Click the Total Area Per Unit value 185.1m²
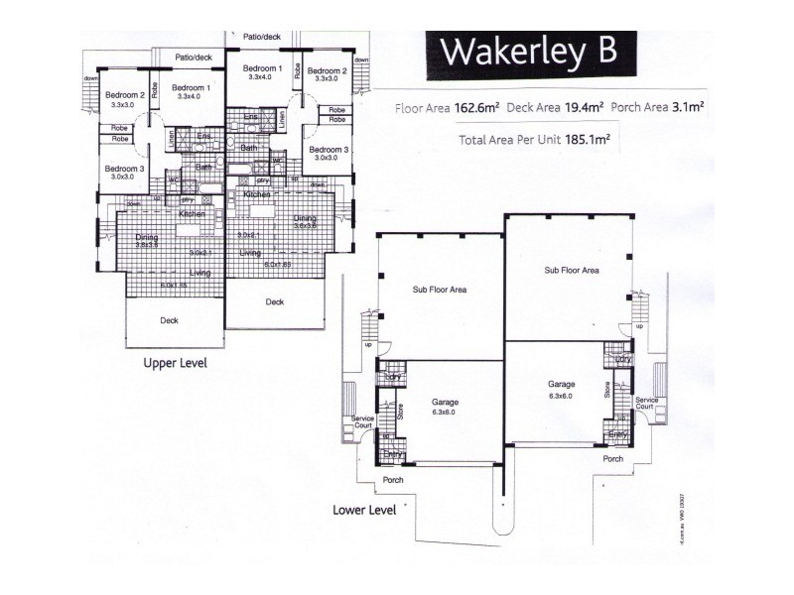[x=587, y=140]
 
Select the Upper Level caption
[x=176, y=363]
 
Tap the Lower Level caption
[x=365, y=511]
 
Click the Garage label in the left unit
[x=444, y=403]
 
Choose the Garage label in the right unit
[x=562, y=383]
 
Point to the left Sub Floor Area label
[x=440, y=291]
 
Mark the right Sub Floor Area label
[x=571, y=270]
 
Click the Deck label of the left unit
[x=170, y=320]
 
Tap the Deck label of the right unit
[x=275, y=301]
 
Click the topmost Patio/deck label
[x=262, y=37]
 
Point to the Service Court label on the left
[x=363, y=423]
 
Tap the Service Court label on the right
[x=645, y=404]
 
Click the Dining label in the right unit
[x=304, y=218]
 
